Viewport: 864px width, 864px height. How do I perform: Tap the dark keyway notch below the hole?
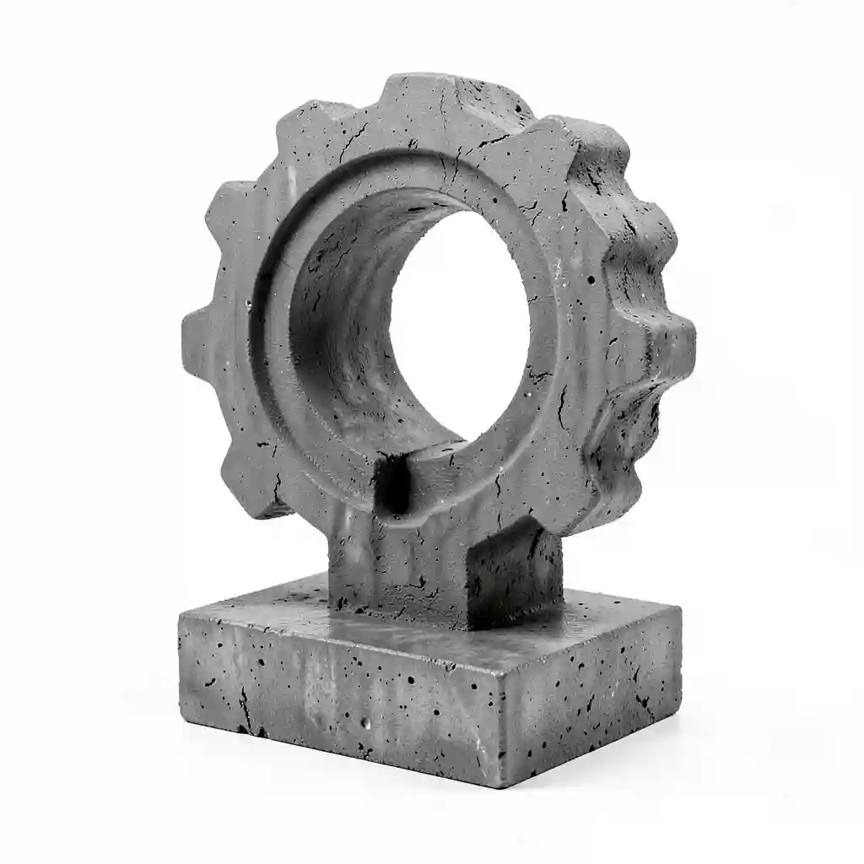(x=392, y=485)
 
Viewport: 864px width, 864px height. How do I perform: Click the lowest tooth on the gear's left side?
(x=253, y=481)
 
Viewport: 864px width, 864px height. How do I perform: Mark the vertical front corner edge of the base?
(x=501, y=717)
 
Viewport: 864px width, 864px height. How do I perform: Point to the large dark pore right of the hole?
(x=591, y=279)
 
